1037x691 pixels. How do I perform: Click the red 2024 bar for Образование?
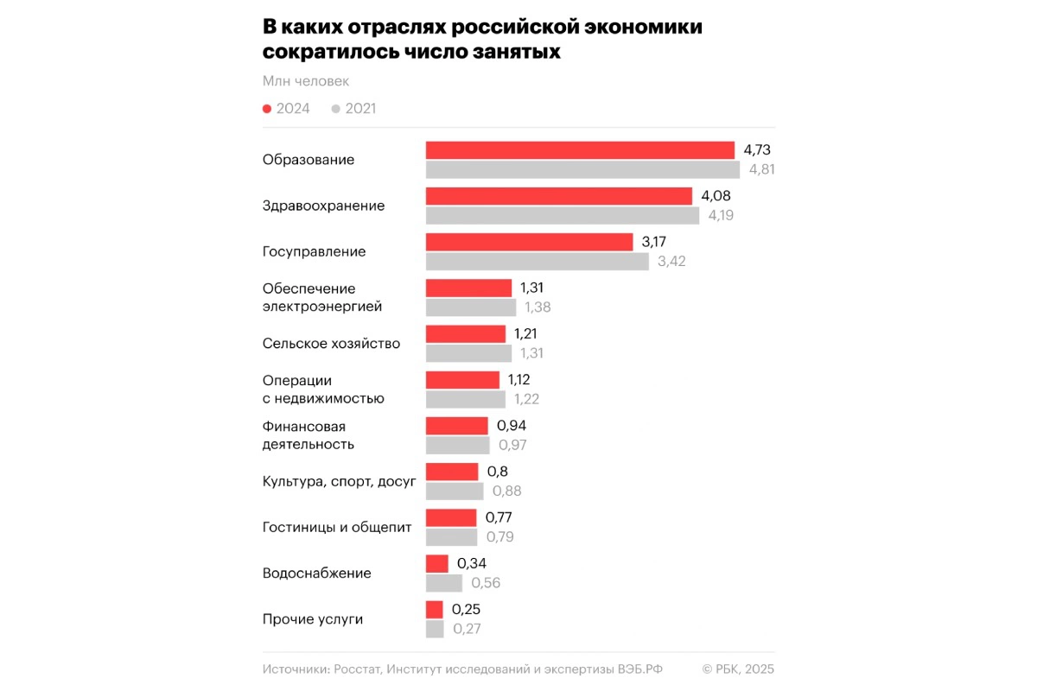[580, 150]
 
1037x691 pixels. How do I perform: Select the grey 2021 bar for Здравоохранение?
[563, 215]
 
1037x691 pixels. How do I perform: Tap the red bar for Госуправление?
[530, 242]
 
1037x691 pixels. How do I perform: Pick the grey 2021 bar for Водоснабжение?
[444, 583]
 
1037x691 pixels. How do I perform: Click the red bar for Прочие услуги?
[435, 609]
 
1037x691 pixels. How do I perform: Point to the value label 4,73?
[756, 150]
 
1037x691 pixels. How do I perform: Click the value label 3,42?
[671, 261]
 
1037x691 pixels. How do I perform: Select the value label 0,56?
[486, 583]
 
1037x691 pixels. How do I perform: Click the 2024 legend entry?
[287, 109]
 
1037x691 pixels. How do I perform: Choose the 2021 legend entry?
[354, 109]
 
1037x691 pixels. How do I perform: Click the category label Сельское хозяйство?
[331, 343]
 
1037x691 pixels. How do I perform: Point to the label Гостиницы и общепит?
[337, 527]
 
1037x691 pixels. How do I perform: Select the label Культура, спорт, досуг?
[339, 481]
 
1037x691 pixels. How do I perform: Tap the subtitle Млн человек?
[306, 81]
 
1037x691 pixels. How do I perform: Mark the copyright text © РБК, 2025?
[738, 669]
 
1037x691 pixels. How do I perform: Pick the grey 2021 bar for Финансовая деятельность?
[457, 445]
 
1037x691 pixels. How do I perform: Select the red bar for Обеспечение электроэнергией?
[468, 288]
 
